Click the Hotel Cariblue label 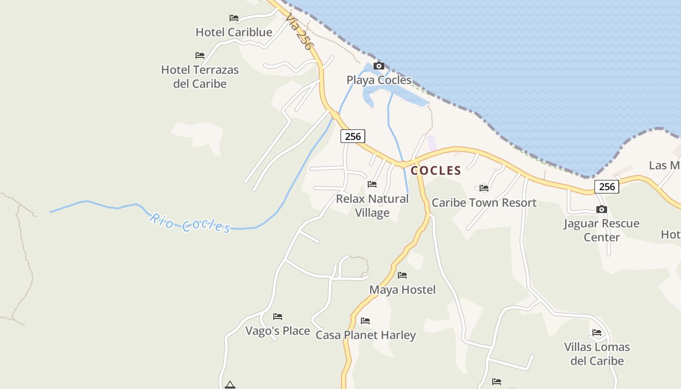(x=233, y=32)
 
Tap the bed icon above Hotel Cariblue (x=234, y=18)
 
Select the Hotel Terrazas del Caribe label (x=200, y=77)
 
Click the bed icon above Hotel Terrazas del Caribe (x=199, y=55)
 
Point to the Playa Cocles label (x=379, y=80)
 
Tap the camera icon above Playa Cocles (x=378, y=66)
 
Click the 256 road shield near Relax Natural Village (x=353, y=136)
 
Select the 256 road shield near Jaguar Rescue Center (x=607, y=187)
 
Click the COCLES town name (x=436, y=170)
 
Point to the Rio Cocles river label (x=189, y=223)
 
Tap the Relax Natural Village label (x=372, y=206)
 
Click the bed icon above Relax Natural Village (x=372, y=184)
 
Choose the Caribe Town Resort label (x=484, y=203)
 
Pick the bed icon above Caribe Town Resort (x=484, y=188)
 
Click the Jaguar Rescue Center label (x=602, y=230)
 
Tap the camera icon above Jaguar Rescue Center (x=602, y=210)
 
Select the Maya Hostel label (x=402, y=290)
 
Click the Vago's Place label (x=277, y=331)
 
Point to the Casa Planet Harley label (x=365, y=335)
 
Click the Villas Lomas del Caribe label (x=597, y=354)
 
